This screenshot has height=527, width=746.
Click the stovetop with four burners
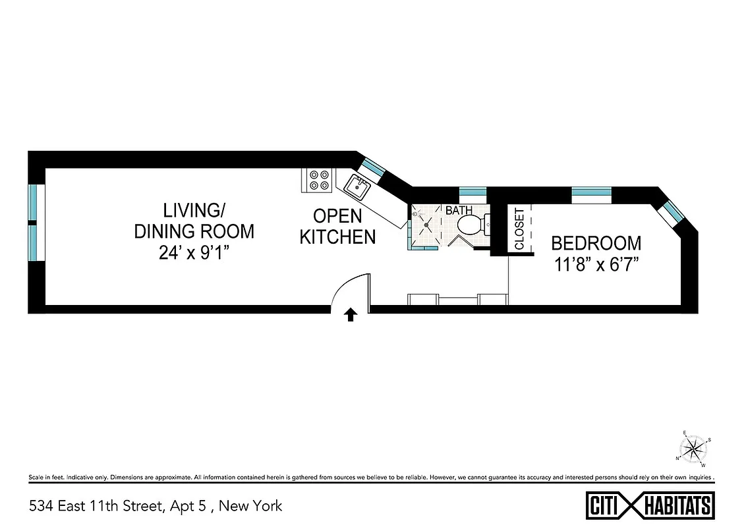319,180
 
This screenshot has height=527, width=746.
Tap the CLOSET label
519,229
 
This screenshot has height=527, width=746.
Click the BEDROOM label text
596,243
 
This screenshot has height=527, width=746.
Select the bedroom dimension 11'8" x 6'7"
596,265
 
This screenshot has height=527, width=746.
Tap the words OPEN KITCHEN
337,226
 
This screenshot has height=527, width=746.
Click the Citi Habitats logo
650,506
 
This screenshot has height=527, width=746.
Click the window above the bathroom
472,192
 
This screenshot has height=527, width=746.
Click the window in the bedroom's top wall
591,192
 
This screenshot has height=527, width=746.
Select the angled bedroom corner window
674,211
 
